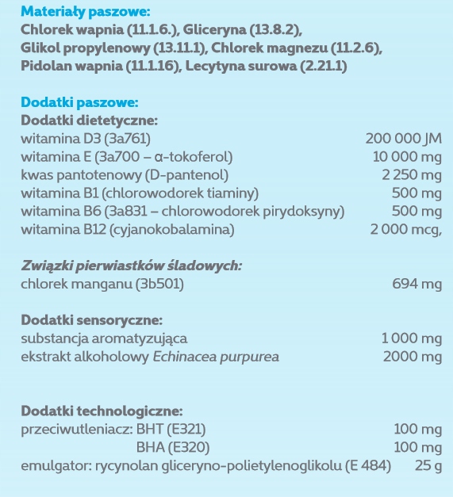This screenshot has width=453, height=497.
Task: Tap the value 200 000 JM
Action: pyautogui.click(x=404, y=139)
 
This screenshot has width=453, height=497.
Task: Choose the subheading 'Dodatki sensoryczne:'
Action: pyautogui.click(x=92, y=321)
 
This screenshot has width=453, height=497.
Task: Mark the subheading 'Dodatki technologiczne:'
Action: pyautogui.click(x=102, y=411)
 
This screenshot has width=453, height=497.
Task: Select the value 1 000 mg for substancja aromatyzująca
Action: pyautogui.click(x=411, y=338)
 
